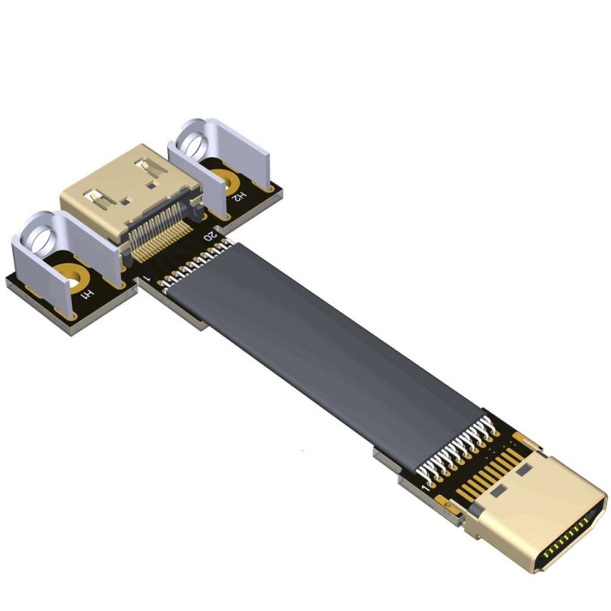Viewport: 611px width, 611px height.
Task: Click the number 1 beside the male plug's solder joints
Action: (x=425, y=488)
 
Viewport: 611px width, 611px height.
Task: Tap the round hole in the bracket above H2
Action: (x=194, y=144)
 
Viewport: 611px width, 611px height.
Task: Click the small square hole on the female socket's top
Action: (x=125, y=202)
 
